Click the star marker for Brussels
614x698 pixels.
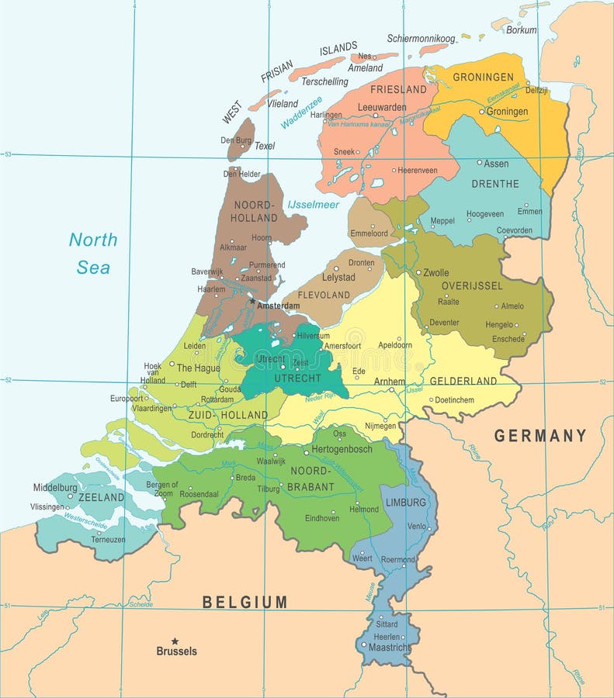coord(175,641)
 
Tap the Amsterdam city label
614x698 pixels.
coord(277,306)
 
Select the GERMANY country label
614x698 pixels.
coord(540,436)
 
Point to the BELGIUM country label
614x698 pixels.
coord(245,602)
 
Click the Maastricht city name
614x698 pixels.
coord(389,648)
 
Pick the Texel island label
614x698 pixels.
coord(265,146)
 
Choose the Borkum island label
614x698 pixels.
coord(521,30)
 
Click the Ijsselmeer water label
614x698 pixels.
coord(313,205)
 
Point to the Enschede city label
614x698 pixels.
coord(508,339)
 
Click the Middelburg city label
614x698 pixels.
coord(56,488)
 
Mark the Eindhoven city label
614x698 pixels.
coord(322,518)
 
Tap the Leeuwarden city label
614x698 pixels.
coord(382,107)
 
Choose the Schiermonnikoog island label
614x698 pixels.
coord(421,38)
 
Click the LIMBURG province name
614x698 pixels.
coord(405,503)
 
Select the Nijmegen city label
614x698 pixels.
coord(380,426)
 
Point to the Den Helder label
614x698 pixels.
coord(242,174)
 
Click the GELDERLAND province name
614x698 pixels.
coord(463,381)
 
